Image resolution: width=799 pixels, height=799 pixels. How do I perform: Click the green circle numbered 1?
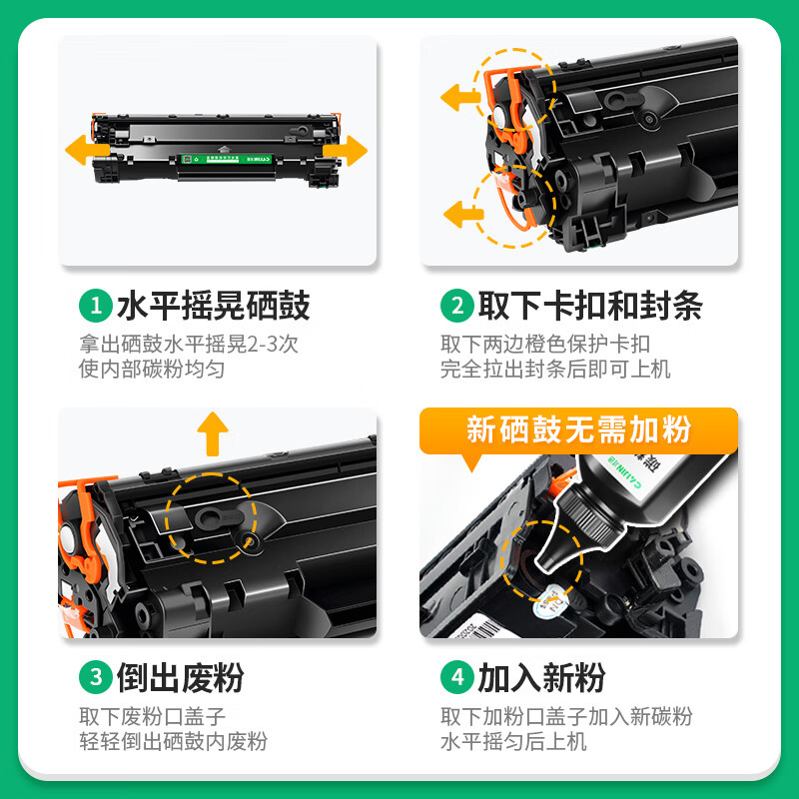point(96,306)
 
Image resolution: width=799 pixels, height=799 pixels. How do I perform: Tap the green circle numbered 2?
point(457,306)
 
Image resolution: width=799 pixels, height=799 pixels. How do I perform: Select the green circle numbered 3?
point(96,677)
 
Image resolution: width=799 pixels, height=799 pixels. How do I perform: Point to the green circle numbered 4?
point(457,677)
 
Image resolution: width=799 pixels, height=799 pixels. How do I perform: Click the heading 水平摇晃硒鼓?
point(214,306)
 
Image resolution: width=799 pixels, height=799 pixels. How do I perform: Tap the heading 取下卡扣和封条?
point(590,306)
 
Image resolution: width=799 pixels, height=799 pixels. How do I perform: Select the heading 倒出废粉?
point(181,678)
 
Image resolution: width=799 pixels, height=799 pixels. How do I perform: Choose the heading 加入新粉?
point(541,678)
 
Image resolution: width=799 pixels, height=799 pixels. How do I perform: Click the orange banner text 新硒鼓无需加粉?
point(579,429)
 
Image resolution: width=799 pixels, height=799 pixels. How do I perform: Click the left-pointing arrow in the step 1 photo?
point(87,150)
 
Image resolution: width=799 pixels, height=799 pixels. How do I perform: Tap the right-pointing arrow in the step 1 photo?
point(346,151)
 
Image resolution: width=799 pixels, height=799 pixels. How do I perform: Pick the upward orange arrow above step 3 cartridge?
point(213,433)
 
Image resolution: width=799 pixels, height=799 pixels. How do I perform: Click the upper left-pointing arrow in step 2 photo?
point(460,97)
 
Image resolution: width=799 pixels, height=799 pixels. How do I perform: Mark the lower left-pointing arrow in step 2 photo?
point(463,214)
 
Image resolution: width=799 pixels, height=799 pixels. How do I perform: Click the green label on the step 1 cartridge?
point(227,160)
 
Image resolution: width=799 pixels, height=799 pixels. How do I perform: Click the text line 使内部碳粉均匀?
point(152,369)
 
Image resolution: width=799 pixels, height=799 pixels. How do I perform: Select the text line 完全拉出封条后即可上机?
point(555,369)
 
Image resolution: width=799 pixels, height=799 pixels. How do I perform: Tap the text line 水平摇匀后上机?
point(513,741)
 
